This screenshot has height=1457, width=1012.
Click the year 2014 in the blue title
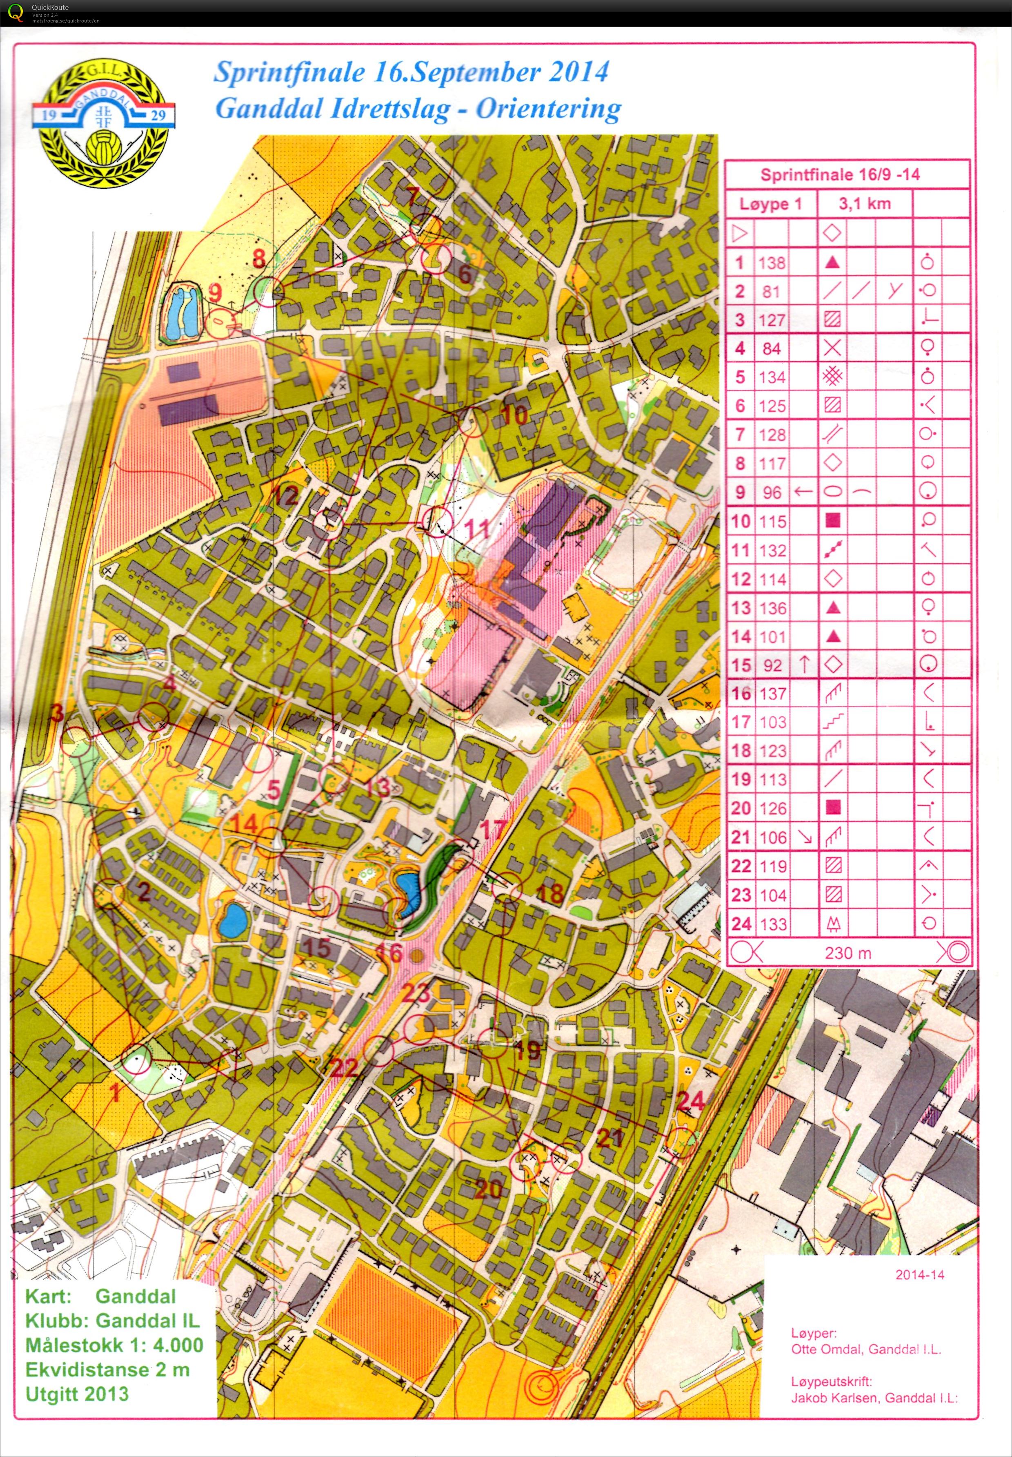coord(574,71)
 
